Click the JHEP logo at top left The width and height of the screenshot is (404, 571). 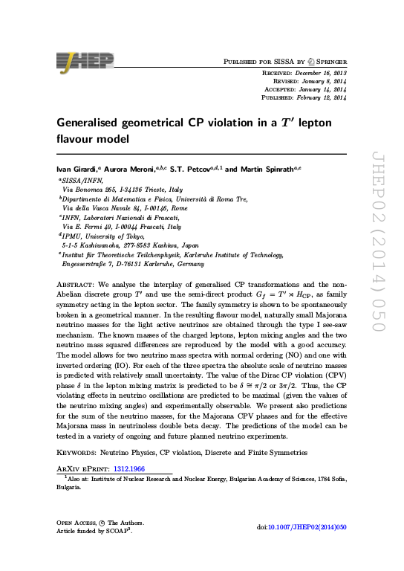(84, 60)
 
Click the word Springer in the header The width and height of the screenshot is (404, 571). (330, 60)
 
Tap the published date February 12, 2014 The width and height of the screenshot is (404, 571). (319, 97)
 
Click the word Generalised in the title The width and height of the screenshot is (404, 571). (94, 123)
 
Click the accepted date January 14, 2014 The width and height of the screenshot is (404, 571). (320, 89)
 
